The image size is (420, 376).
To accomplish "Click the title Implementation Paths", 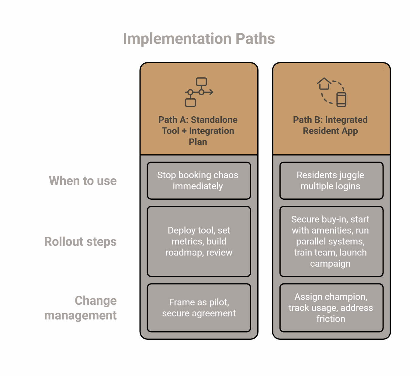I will (x=199, y=39).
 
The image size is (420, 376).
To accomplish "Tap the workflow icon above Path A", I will (x=199, y=92).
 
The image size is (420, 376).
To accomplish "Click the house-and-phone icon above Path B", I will (x=331, y=92).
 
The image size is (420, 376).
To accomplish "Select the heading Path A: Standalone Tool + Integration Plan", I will (x=198, y=131).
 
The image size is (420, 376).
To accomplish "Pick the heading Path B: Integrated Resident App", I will (x=330, y=125).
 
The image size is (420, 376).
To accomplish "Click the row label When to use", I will (x=83, y=181).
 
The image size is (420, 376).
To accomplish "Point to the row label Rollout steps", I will (x=81, y=242).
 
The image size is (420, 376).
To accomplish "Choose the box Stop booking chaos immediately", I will (x=199, y=181).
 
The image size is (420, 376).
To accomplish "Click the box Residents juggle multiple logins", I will (x=331, y=181).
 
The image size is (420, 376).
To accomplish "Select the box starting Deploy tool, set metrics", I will (x=199, y=241).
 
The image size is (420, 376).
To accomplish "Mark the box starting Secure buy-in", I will (x=331, y=241).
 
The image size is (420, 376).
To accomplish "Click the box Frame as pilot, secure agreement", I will (x=199, y=308).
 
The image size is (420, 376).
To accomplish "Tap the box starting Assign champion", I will (x=331, y=308).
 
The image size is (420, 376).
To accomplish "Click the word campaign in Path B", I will (x=330, y=264).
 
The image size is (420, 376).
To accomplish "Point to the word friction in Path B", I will (x=331, y=319).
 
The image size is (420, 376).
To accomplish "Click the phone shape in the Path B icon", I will (x=341, y=100).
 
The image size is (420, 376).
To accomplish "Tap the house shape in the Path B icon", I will (x=324, y=83).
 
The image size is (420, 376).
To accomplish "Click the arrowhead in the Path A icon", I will (x=211, y=92).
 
